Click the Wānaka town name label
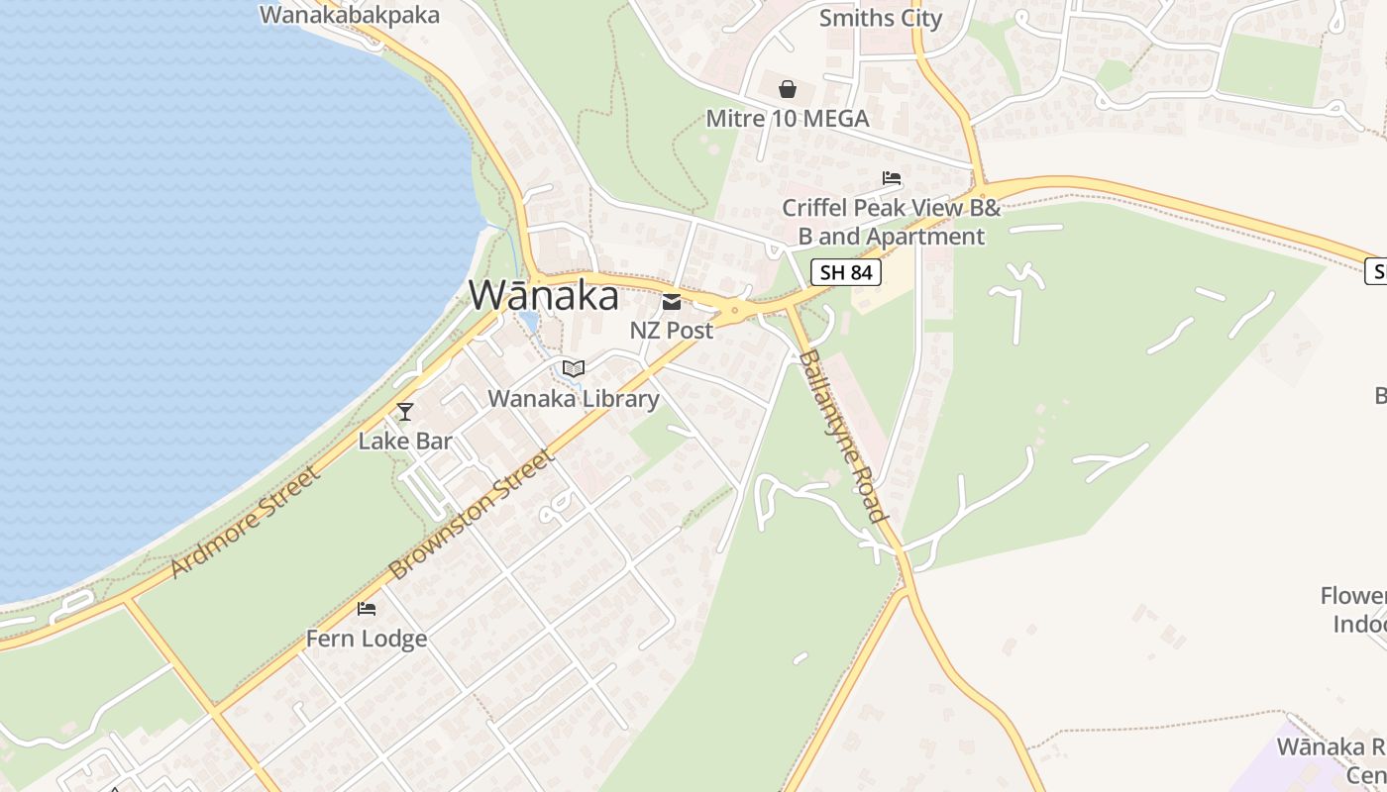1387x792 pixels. pyautogui.click(x=544, y=296)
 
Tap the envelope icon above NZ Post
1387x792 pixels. pyautogui.click(x=672, y=302)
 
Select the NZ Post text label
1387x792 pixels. pyautogui.click(x=672, y=331)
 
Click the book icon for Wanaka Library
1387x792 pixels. pyautogui.click(x=573, y=369)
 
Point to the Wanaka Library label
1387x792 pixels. pyautogui.click(x=574, y=399)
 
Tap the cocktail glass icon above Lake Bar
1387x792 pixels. pyautogui.click(x=404, y=411)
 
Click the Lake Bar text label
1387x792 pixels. pyautogui.click(x=405, y=442)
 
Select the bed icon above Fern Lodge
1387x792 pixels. pyautogui.click(x=367, y=608)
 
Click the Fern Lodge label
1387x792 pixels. pyautogui.click(x=367, y=639)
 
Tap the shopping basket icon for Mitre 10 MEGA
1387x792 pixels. pyautogui.click(x=788, y=90)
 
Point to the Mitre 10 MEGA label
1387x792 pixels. pyautogui.click(x=788, y=119)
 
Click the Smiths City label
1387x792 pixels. pyautogui.click(x=881, y=18)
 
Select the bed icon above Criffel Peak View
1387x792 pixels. pyautogui.click(x=892, y=178)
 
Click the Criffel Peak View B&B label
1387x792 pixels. pyautogui.click(x=892, y=223)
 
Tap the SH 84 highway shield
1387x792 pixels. pyautogui.click(x=846, y=272)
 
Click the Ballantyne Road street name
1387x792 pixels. pyautogui.click(x=842, y=436)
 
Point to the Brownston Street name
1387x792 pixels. pyautogui.click(x=472, y=515)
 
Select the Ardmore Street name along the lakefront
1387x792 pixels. pyautogui.click(x=247, y=523)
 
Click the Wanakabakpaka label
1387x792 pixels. pyautogui.click(x=350, y=15)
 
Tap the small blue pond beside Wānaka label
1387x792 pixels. pyautogui.click(x=527, y=322)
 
